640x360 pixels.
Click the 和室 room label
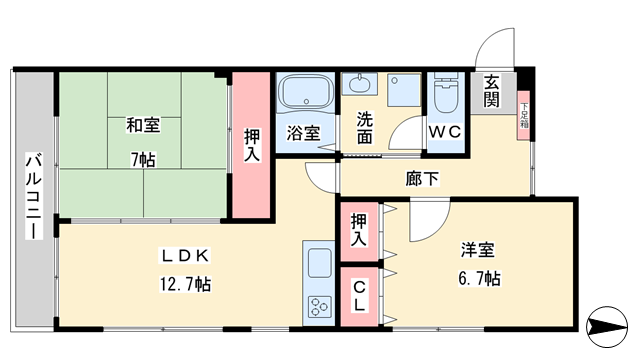pyautogui.click(x=143, y=125)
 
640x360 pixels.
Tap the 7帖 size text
pyautogui.click(x=143, y=160)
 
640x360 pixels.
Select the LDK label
pyautogui.click(x=185, y=256)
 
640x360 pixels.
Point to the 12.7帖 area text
pyautogui.click(x=185, y=284)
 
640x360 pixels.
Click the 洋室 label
pyautogui.click(x=478, y=250)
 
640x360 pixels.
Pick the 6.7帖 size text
pyautogui.click(x=479, y=278)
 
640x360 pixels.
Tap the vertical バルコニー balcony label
pyautogui.click(x=34, y=196)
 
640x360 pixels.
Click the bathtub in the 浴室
pyautogui.click(x=305, y=91)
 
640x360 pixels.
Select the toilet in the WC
pyautogui.click(x=446, y=91)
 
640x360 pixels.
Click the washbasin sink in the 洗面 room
pyautogui.click(x=360, y=84)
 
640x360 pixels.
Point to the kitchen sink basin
pyautogui.click(x=319, y=263)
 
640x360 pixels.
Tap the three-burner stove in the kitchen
pyautogui.click(x=319, y=306)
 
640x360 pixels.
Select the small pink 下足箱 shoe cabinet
pyautogui.click(x=524, y=116)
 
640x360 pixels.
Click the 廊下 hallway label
pyautogui.click(x=422, y=178)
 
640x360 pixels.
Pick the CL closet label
pyautogui.click(x=359, y=296)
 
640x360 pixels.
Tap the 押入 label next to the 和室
pyautogui.click(x=252, y=145)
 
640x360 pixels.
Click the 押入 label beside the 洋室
pyautogui.click(x=359, y=230)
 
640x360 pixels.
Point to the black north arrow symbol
pyautogui.click(x=607, y=327)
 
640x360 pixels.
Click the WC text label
pyautogui.click(x=445, y=132)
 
